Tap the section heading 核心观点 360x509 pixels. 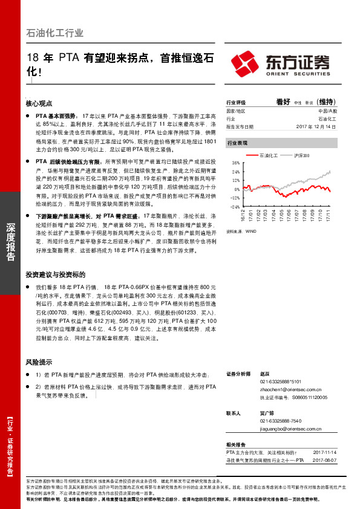(x=39, y=103)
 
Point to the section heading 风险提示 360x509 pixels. (x=39, y=362)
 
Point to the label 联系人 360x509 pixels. (x=234, y=413)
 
